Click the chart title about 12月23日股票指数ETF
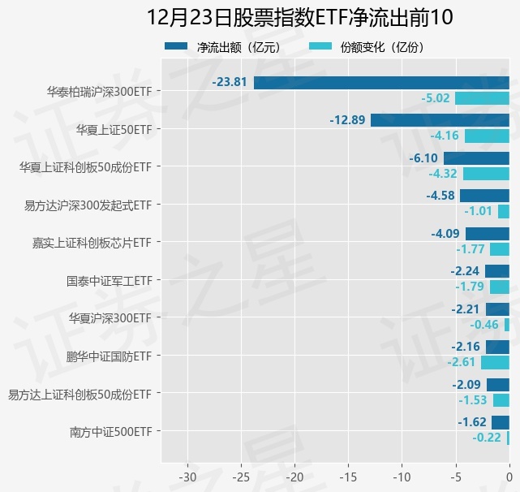[x=300, y=18]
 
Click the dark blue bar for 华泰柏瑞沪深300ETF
[x=381, y=82]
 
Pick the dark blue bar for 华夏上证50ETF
[x=440, y=120]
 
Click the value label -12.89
[x=347, y=120]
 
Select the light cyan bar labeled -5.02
[x=482, y=98]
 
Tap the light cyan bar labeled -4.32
[x=486, y=174]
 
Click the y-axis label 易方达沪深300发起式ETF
[x=88, y=205]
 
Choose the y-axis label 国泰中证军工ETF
[x=110, y=281]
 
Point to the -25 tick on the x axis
[x=241, y=476]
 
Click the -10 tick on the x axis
[x=402, y=476]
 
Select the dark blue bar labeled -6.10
[x=476, y=158]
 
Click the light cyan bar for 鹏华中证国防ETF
[x=495, y=362]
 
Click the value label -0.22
[x=487, y=438]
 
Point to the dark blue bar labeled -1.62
[x=501, y=422]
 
